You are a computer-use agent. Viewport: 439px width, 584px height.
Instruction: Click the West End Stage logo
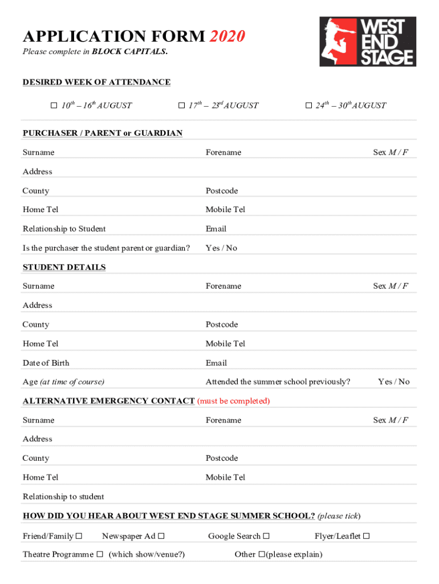367,42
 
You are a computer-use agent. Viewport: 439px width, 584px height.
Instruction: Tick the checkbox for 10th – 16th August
54,106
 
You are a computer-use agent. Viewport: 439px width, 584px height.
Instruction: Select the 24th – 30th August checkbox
308,106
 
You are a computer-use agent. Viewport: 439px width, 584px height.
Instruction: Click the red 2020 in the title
227,37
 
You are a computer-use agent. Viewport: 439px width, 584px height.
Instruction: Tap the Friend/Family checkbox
79,536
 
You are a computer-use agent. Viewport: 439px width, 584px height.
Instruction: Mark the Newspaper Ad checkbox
161,536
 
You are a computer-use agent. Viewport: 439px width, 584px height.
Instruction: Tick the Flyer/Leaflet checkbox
367,536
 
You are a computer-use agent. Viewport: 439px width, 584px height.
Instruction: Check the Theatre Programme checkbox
100,554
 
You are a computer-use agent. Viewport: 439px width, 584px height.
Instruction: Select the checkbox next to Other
262,554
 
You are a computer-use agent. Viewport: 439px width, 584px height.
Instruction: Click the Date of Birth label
46,363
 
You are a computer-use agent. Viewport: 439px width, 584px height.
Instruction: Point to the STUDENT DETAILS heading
64,267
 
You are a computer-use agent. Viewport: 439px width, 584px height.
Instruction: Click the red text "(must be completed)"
233,401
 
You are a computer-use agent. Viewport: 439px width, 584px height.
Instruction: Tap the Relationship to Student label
64,229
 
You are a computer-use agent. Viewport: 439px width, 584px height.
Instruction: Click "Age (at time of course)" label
63,382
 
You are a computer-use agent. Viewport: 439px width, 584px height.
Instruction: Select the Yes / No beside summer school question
393,382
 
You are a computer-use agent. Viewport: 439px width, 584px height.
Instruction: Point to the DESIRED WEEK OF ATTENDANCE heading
96,82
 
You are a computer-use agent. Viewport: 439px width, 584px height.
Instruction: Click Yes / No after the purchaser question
221,248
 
